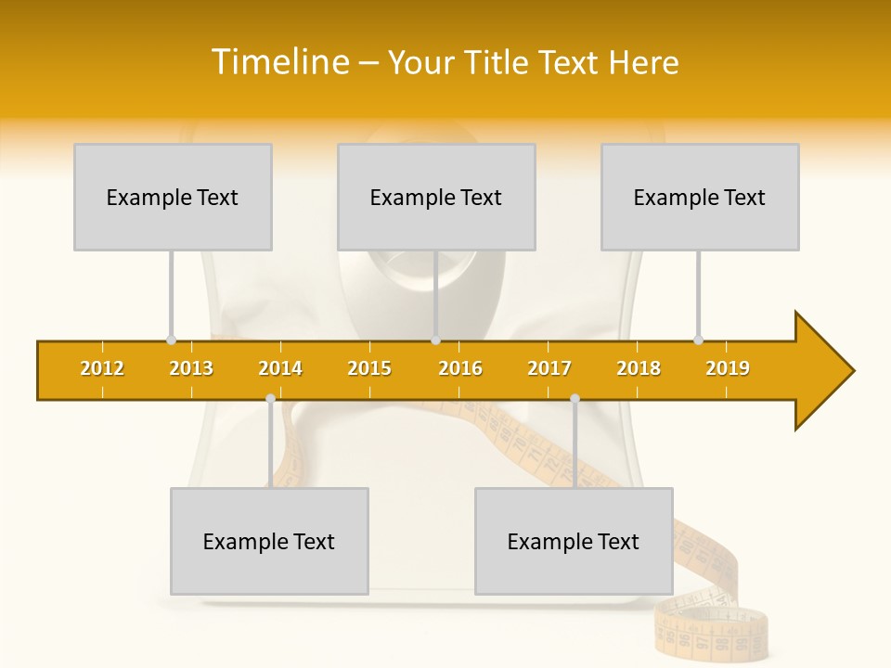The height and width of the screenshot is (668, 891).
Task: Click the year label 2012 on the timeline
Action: click(x=102, y=368)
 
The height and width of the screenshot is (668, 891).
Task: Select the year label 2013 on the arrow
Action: click(x=191, y=368)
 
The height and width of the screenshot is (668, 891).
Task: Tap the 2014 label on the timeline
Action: click(x=280, y=368)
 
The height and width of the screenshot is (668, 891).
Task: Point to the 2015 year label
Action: click(x=369, y=368)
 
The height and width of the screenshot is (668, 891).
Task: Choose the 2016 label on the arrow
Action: click(x=460, y=368)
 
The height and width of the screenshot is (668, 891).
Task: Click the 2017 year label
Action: click(x=549, y=368)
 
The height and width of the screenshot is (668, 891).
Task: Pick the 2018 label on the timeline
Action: click(x=639, y=368)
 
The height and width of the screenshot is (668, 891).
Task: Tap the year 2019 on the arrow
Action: click(x=728, y=368)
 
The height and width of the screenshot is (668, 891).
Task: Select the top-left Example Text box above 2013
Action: click(x=173, y=197)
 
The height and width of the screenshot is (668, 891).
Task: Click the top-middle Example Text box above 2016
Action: click(x=436, y=197)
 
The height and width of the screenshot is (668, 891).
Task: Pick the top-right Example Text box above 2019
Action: click(x=700, y=197)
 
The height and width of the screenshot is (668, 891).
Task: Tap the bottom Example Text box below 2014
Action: click(x=269, y=541)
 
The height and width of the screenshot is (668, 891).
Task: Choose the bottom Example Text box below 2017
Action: click(x=574, y=541)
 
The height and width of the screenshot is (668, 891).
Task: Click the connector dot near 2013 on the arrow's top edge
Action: click(x=171, y=340)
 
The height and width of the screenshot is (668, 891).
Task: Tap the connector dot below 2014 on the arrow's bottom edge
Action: click(x=270, y=399)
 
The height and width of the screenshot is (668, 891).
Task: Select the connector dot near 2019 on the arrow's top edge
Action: click(x=698, y=340)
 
